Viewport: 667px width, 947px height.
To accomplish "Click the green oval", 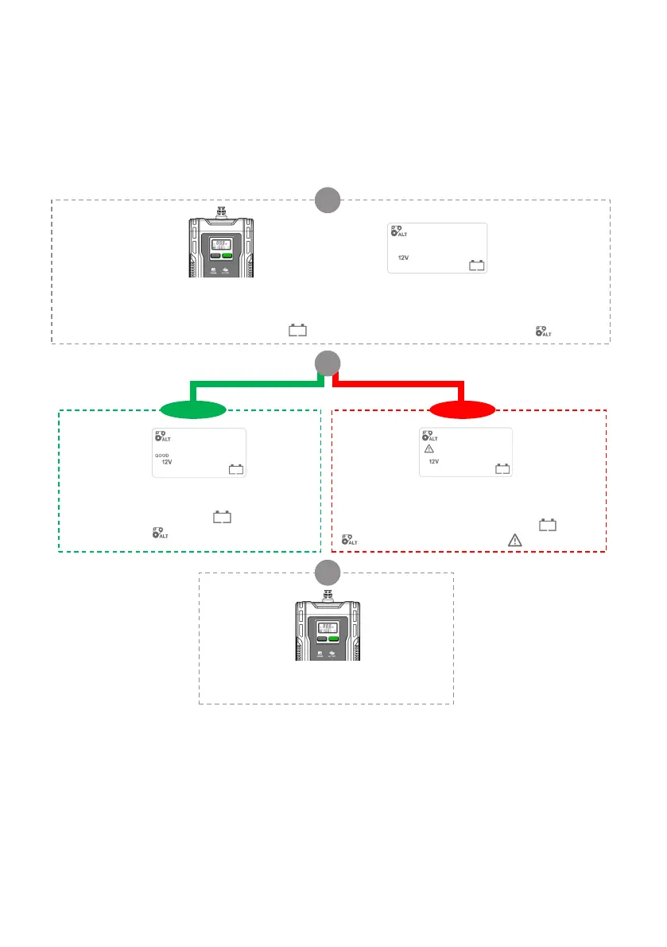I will point(193,410).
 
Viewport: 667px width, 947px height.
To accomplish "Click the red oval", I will point(462,410).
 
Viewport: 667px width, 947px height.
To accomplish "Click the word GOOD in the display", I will point(162,455).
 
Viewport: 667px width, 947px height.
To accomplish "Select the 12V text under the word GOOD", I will point(167,462).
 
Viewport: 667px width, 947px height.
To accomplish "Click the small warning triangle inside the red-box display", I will point(429,449).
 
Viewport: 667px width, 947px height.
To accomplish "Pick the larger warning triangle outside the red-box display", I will point(514,541).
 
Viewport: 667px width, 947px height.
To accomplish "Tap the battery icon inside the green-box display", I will point(236,468).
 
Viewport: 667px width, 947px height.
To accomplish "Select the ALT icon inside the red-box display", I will point(429,437).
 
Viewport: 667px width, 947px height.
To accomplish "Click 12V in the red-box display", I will point(434,462).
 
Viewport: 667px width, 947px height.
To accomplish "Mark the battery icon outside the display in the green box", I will point(222,518).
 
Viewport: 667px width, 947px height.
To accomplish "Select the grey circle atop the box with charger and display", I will point(326,199).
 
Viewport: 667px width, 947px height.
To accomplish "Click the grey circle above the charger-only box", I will point(326,572).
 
